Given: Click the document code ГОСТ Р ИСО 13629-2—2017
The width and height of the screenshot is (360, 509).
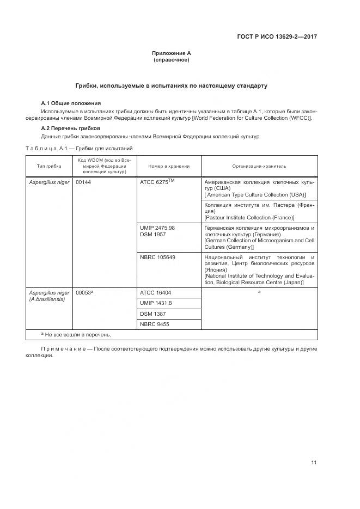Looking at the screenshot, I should (277, 37).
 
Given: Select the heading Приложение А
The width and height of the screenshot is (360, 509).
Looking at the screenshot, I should (171, 53).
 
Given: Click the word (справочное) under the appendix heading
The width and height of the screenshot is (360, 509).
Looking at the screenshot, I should (171, 60).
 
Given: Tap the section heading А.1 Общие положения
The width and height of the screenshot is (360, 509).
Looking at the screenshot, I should (71, 103).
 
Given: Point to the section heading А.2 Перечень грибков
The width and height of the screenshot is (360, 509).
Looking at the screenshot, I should (70, 128).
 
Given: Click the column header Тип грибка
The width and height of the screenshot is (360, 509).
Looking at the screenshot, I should (49, 166).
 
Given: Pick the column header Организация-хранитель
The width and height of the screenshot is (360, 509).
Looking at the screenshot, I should (259, 166).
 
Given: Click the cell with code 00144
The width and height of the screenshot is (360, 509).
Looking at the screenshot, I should (83, 182).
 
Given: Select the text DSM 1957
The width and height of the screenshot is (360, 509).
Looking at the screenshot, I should (153, 234).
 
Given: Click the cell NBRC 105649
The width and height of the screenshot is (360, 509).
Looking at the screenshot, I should (157, 257).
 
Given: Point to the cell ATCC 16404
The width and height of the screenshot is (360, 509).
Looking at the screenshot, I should (155, 292).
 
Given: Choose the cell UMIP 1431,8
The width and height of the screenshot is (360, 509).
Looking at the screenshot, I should (156, 303).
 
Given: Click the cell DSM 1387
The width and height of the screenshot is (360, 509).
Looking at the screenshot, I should (153, 314).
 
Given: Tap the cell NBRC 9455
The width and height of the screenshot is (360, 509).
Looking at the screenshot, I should (154, 324).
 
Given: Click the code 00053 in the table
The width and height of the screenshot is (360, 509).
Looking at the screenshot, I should (84, 292).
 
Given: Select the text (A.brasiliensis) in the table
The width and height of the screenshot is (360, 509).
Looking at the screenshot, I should (47, 299).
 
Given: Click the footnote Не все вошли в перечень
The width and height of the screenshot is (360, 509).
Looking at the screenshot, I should (78, 335).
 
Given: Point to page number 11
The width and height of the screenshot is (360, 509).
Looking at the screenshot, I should (314, 463).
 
